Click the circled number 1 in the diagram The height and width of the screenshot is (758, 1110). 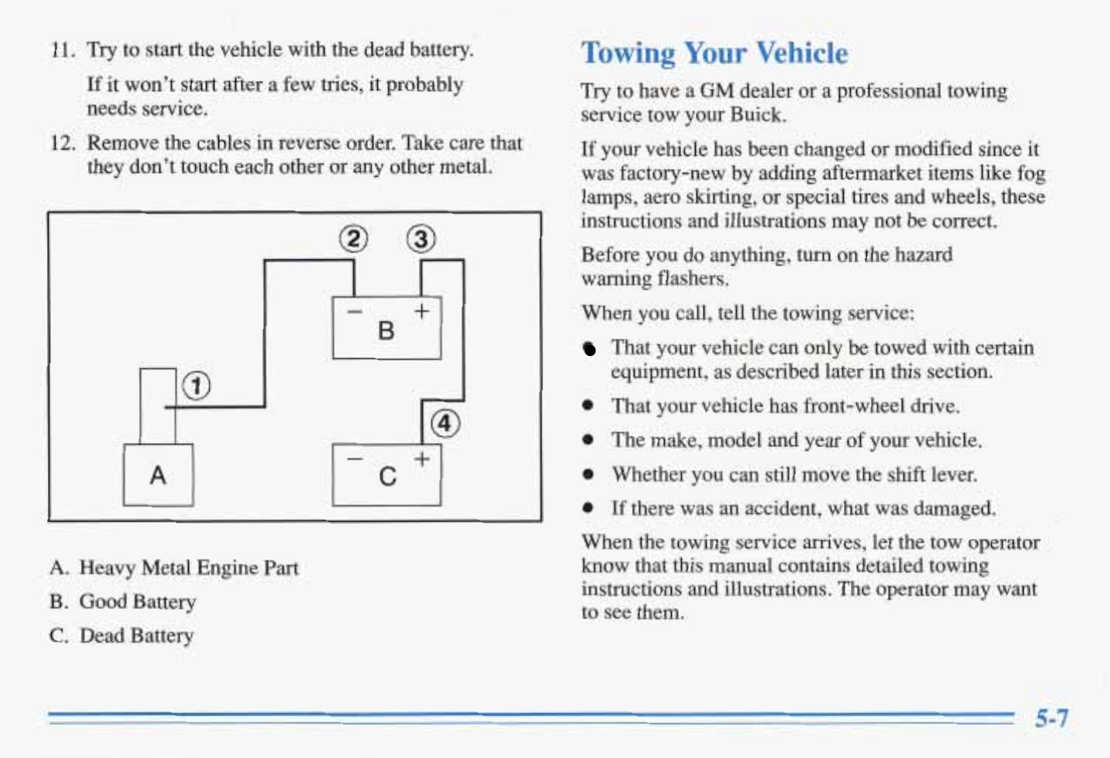[197, 385]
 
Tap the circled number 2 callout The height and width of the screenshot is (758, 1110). [353, 239]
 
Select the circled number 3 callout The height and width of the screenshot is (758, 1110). [421, 239]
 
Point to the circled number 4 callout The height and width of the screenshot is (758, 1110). [445, 424]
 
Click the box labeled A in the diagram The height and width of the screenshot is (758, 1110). [158, 475]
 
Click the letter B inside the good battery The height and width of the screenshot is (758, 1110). [386, 331]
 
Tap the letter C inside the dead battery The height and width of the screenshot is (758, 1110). [387, 476]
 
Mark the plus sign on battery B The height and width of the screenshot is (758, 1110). [422, 311]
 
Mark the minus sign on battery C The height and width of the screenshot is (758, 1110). [354, 459]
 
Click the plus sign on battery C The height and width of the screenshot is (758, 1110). [422, 459]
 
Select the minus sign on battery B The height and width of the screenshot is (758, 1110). [354, 312]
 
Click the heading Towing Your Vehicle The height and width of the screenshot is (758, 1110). [714, 53]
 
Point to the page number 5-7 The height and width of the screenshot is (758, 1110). [1051, 719]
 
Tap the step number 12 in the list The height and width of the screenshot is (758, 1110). [62, 144]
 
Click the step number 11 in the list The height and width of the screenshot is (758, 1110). [62, 50]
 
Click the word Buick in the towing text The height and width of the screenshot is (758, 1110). [757, 115]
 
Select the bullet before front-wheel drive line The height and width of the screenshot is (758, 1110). [589, 406]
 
